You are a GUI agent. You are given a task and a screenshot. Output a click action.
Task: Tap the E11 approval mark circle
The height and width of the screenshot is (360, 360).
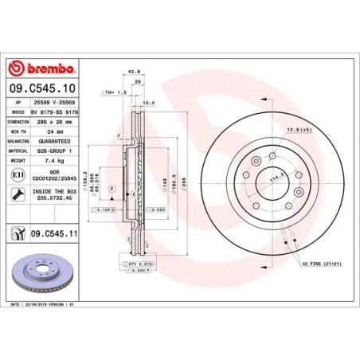click(18, 174)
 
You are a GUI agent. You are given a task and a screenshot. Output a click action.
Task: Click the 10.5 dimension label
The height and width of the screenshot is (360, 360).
click(147, 102)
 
